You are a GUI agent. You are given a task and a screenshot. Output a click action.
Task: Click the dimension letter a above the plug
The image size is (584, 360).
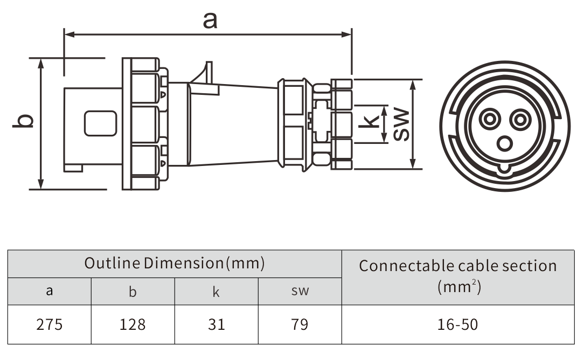tap(210, 21)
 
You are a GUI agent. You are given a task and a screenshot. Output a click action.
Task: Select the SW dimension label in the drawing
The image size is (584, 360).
tap(401, 125)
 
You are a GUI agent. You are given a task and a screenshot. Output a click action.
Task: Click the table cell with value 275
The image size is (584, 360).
tap(50, 324)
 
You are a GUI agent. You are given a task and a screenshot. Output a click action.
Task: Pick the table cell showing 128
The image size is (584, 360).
tap(133, 324)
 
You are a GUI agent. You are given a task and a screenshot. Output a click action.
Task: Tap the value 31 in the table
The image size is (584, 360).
tap(216, 324)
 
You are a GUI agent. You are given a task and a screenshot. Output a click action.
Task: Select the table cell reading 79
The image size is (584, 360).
tap(300, 324)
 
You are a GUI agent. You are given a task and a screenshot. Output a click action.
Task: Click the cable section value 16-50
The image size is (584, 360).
tap(457, 324)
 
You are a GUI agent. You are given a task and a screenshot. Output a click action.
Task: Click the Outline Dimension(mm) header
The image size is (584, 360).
tap(175, 264)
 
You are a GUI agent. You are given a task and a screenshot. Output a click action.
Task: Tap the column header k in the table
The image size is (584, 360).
tap(216, 292)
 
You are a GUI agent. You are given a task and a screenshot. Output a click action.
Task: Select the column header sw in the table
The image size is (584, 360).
tap(300, 292)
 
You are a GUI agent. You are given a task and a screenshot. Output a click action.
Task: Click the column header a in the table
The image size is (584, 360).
tap(50, 292)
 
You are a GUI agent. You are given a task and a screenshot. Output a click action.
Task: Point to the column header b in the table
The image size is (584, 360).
tap(133, 292)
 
